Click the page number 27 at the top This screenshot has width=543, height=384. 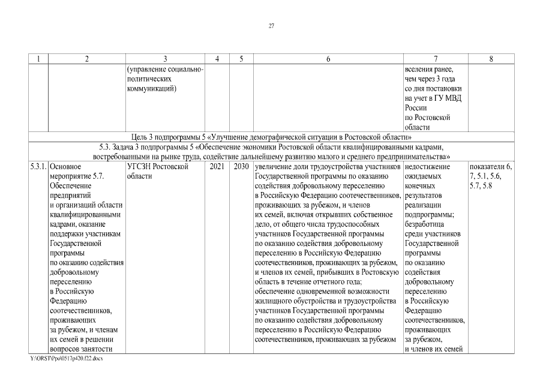click(271, 26)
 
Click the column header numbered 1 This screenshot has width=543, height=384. click(38, 59)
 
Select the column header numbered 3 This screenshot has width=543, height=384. click(165, 59)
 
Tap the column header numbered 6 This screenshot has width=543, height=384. click(328, 59)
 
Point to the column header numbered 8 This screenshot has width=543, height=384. click(491, 59)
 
